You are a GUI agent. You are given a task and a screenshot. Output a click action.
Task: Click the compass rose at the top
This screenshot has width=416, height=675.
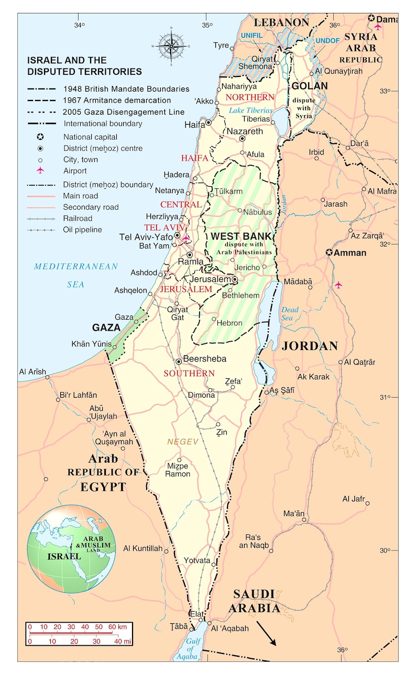point(171,46)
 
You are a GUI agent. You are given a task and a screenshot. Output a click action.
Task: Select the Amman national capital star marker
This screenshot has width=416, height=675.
point(329,253)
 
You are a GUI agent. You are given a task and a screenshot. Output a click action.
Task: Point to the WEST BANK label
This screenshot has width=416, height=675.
point(241,237)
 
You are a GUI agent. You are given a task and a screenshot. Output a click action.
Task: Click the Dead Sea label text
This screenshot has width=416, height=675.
point(289,313)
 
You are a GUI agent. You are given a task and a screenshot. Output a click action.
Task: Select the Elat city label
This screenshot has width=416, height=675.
point(196,614)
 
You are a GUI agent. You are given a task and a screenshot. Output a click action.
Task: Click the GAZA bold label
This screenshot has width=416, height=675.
point(107,328)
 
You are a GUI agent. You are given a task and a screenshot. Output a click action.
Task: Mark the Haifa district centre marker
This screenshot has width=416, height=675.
point(209,122)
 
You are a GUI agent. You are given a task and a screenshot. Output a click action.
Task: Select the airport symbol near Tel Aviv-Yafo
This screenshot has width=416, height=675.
point(185,239)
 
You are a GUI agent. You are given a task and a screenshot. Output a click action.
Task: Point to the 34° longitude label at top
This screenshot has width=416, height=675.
point(79,25)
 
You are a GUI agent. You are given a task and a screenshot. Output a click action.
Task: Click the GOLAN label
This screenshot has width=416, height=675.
point(309,86)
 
